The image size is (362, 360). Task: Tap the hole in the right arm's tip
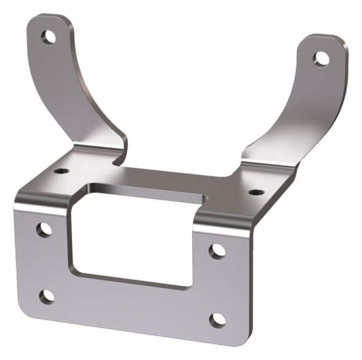321,58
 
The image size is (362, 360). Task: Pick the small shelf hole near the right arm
252,193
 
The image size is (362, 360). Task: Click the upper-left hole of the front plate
44,230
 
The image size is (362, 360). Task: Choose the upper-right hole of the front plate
218,251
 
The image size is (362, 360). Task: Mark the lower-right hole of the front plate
216,320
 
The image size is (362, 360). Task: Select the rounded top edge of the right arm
326,38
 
